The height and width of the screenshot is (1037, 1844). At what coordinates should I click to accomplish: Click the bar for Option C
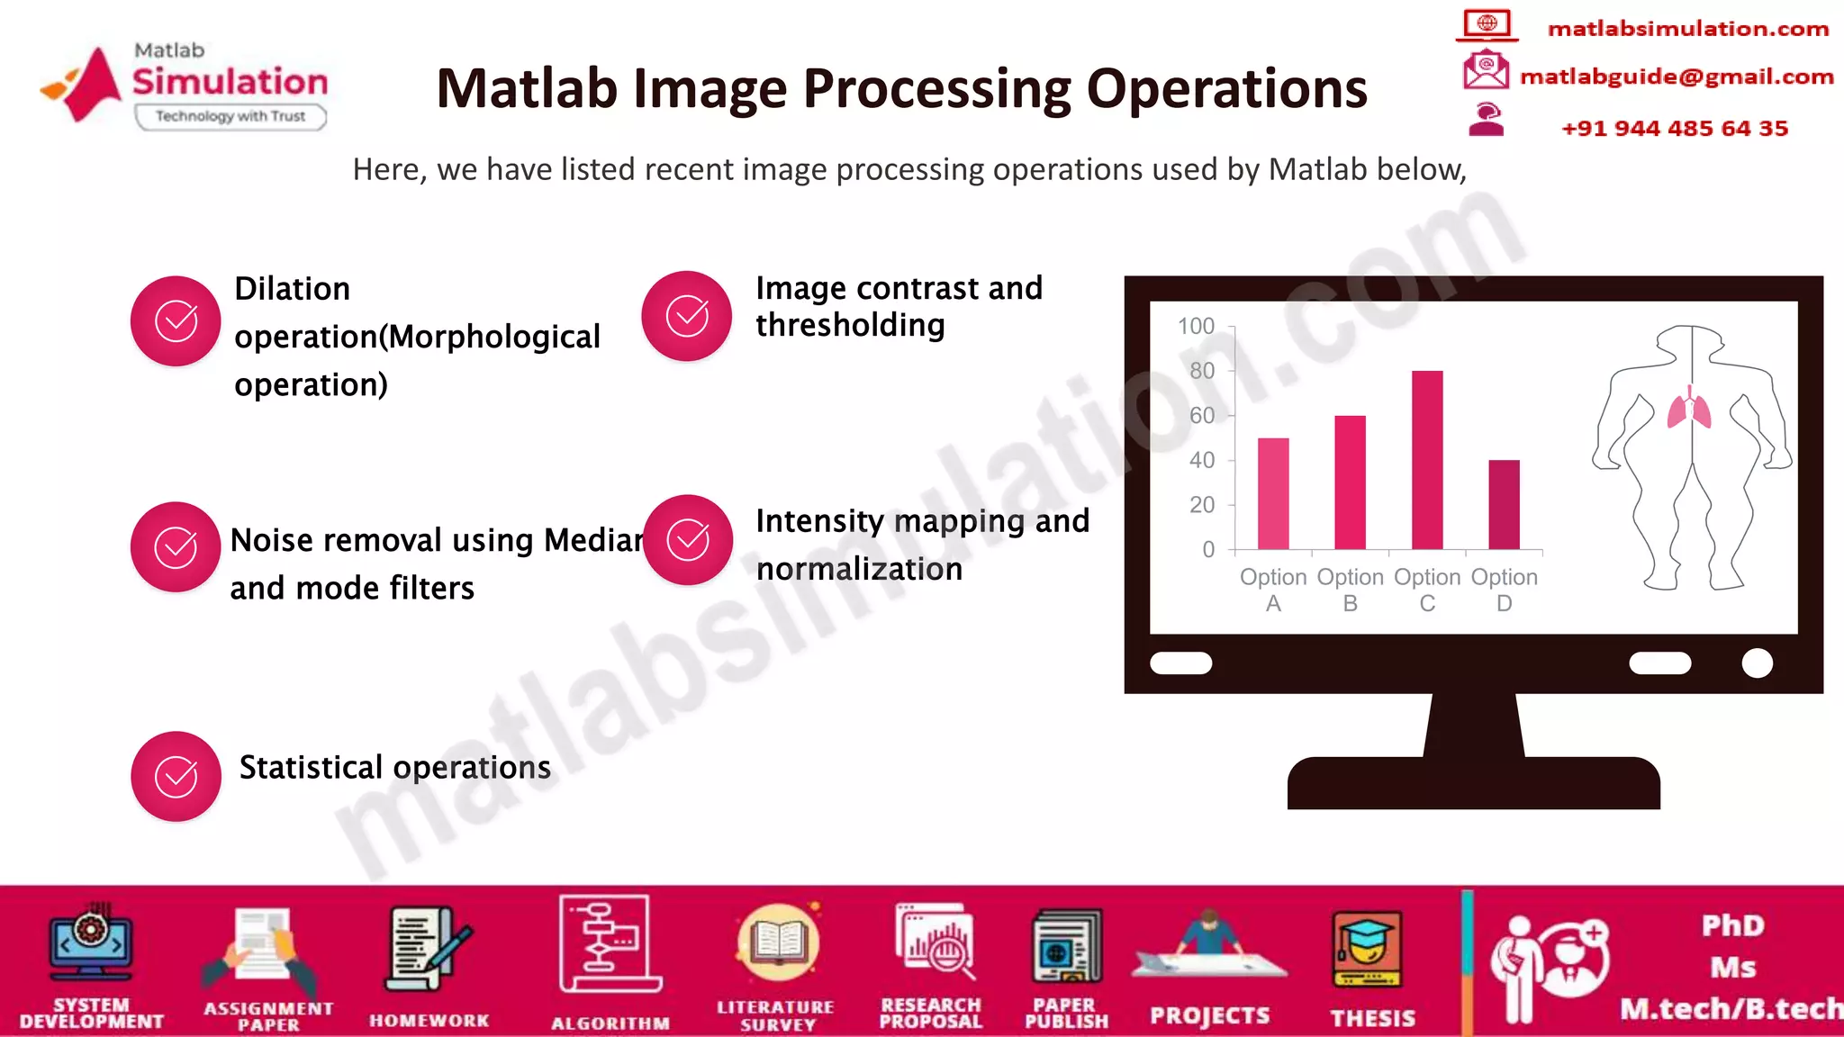[x=1427, y=460]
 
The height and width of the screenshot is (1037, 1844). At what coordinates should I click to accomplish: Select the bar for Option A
[x=1273, y=493]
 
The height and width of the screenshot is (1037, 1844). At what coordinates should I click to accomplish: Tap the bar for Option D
[x=1504, y=504]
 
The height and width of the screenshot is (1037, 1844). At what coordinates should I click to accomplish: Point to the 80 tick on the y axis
[x=1202, y=371]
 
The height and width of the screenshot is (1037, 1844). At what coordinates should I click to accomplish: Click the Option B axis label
[x=1350, y=590]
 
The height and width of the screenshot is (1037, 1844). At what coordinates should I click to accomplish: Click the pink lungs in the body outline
[x=1689, y=410]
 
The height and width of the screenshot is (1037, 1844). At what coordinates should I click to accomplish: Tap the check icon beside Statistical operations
[x=176, y=776]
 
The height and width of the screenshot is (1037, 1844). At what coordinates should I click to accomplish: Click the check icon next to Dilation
[x=176, y=320]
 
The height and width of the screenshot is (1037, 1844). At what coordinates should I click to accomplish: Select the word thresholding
[x=850, y=325]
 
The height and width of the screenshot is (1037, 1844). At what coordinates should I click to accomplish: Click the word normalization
[x=859, y=569]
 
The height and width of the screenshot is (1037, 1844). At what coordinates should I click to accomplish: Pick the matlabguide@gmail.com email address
[x=1676, y=77]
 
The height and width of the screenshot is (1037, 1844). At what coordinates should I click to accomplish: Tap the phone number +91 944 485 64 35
[x=1674, y=128]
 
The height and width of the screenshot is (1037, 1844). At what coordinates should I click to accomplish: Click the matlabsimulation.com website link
[x=1687, y=29]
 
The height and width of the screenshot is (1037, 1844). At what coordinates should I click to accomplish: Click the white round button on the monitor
[x=1757, y=663]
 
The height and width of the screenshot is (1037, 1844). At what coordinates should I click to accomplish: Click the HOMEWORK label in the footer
[x=429, y=1021]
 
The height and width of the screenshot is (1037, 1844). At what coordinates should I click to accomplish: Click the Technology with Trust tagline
[x=230, y=116]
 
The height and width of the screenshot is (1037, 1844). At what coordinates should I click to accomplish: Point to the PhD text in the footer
[x=1732, y=925]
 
